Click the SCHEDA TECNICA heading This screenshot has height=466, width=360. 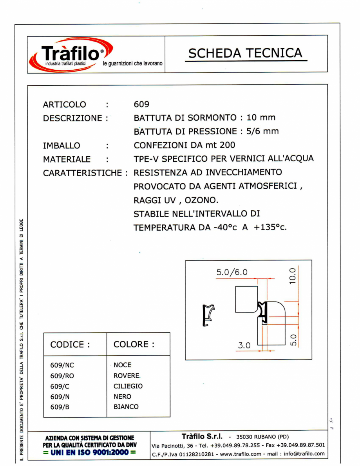[246, 53]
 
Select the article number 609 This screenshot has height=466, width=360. [141, 105]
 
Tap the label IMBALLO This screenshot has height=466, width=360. [61, 146]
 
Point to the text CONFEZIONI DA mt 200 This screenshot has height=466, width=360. [185, 145]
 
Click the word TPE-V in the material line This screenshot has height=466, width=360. [147, 159]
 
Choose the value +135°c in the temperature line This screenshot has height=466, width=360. [271, 228]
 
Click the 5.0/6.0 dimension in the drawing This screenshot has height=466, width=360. [232, 272]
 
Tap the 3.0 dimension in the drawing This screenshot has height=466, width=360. [244, 345]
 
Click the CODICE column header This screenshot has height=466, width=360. [71, 345]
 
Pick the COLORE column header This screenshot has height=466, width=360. [134, 345]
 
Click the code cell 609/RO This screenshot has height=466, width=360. [62, 376]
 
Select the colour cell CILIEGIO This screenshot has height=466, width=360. [128, 386]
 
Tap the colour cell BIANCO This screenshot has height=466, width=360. [126, 407]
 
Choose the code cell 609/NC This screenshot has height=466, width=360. [62, 365]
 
